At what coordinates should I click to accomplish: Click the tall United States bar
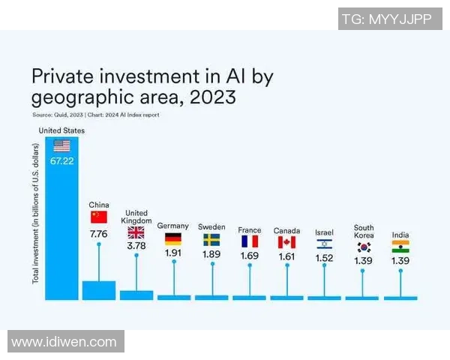[61, 225]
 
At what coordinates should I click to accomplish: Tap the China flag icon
[99, 217]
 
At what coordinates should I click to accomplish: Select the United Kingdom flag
[136, 232]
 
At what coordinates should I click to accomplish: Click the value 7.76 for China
[99, 234]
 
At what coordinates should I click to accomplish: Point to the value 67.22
[61, 161]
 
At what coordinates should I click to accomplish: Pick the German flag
[173, 240]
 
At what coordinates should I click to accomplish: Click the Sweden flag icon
[211, 240]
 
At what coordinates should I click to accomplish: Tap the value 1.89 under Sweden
[211, 255]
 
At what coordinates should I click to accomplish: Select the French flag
[249, 241]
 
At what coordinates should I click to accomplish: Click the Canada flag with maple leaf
[286, 241]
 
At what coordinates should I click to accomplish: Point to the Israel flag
[324, 244]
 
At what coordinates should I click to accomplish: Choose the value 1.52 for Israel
[324, 258]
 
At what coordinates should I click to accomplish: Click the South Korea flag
[364, 247]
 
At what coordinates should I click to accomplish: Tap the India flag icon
[400, 246]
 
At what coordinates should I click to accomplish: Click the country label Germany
[172, 226]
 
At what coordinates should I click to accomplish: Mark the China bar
[99, 290]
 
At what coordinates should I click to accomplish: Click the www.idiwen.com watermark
[64, 342]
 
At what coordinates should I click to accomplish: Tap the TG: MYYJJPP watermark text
[387, 19]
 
